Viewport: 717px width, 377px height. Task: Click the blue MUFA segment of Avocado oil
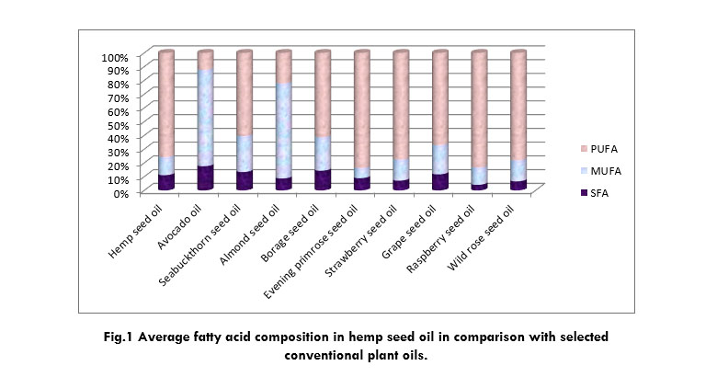click(206, 120)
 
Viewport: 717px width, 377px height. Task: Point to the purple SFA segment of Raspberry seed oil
click(479, 187)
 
